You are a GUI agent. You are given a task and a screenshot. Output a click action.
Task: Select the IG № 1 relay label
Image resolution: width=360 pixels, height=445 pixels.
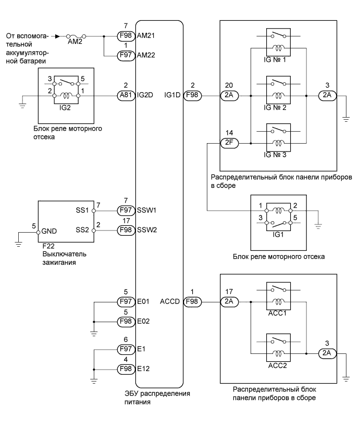[x=276, y=60]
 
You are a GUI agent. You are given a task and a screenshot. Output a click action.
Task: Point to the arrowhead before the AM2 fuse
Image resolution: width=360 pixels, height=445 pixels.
[x=57, y=36]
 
